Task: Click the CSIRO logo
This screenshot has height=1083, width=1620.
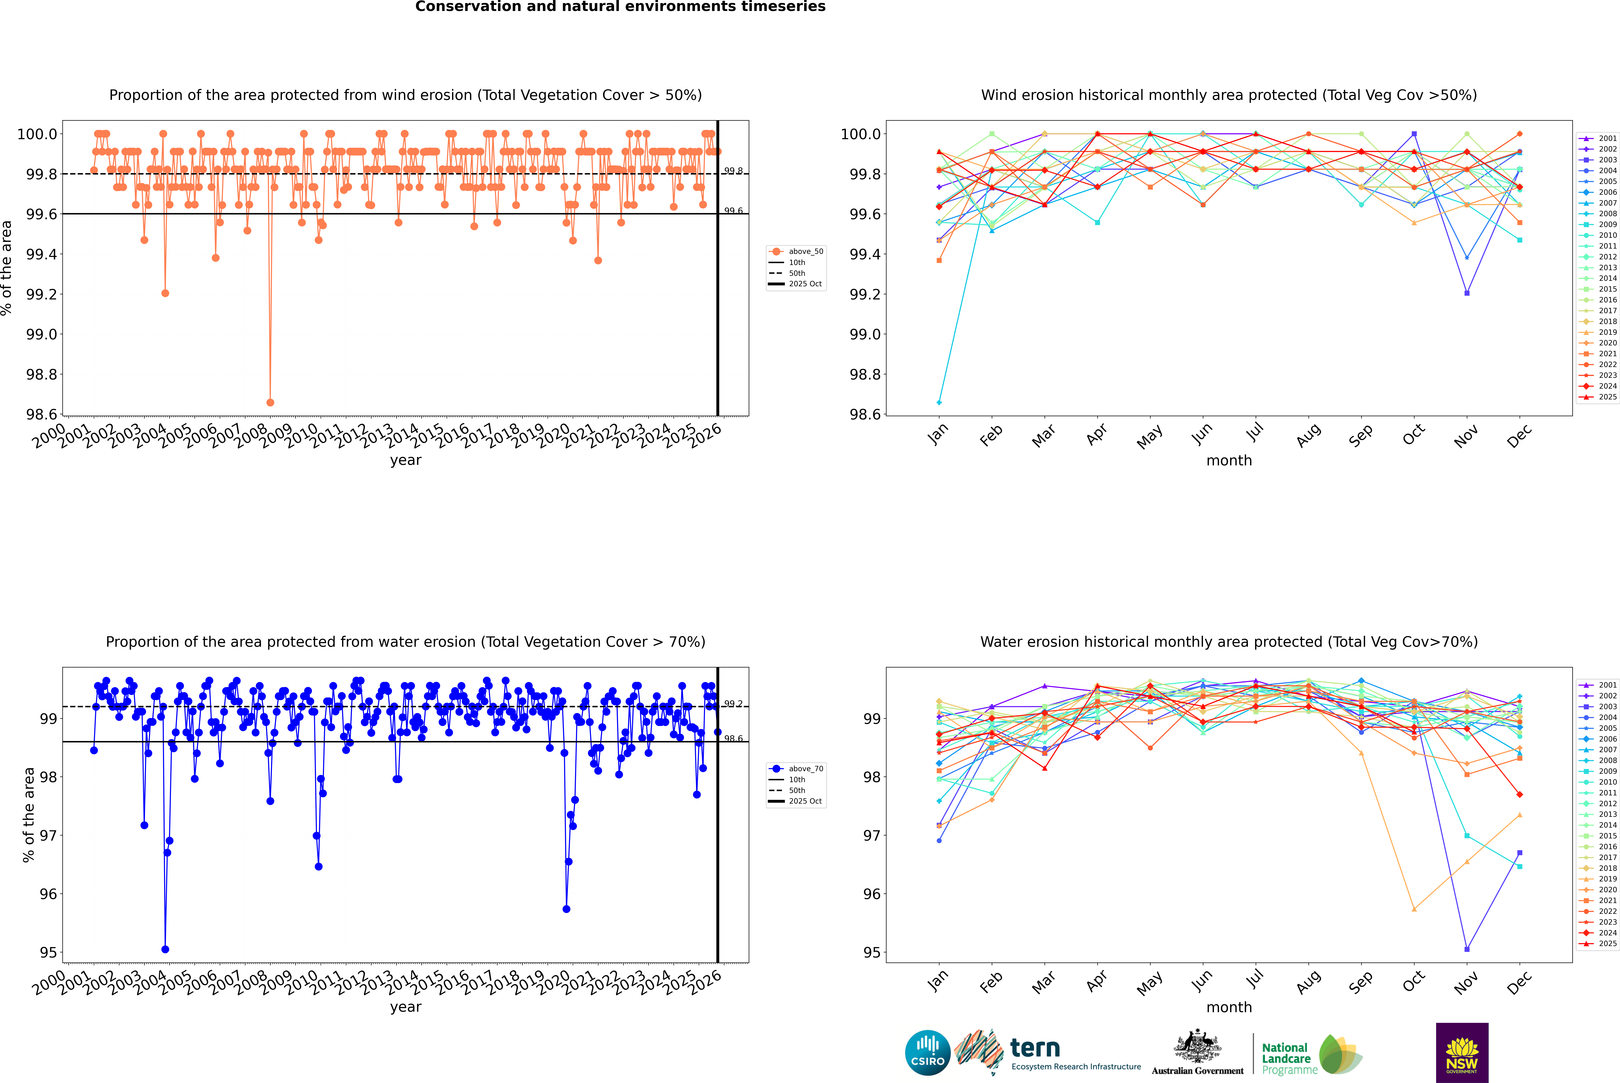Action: tap(927, 1053)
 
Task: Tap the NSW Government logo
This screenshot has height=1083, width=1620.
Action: tap(1462, 1053)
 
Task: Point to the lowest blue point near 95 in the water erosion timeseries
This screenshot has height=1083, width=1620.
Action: tap(165, 949)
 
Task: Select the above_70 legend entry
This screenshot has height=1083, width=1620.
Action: tap(796, 769)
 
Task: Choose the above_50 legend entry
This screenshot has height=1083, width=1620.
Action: tap(796, 251)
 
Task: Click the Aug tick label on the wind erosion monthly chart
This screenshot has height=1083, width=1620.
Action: tap(1309, 435)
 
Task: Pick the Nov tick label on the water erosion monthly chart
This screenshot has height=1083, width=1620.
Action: tap(1466, 982)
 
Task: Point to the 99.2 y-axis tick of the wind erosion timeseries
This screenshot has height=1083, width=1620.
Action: tap(41, 294)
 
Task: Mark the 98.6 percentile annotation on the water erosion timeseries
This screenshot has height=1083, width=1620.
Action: tap(733, 738)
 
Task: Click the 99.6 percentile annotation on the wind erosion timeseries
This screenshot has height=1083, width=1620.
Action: tap(733, 211)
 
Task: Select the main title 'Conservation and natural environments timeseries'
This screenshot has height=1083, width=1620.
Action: tap(620, 7)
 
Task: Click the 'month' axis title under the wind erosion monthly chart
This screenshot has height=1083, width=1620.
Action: tap(1229, 461)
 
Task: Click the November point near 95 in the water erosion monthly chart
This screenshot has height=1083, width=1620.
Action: tap(1467, 949)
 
